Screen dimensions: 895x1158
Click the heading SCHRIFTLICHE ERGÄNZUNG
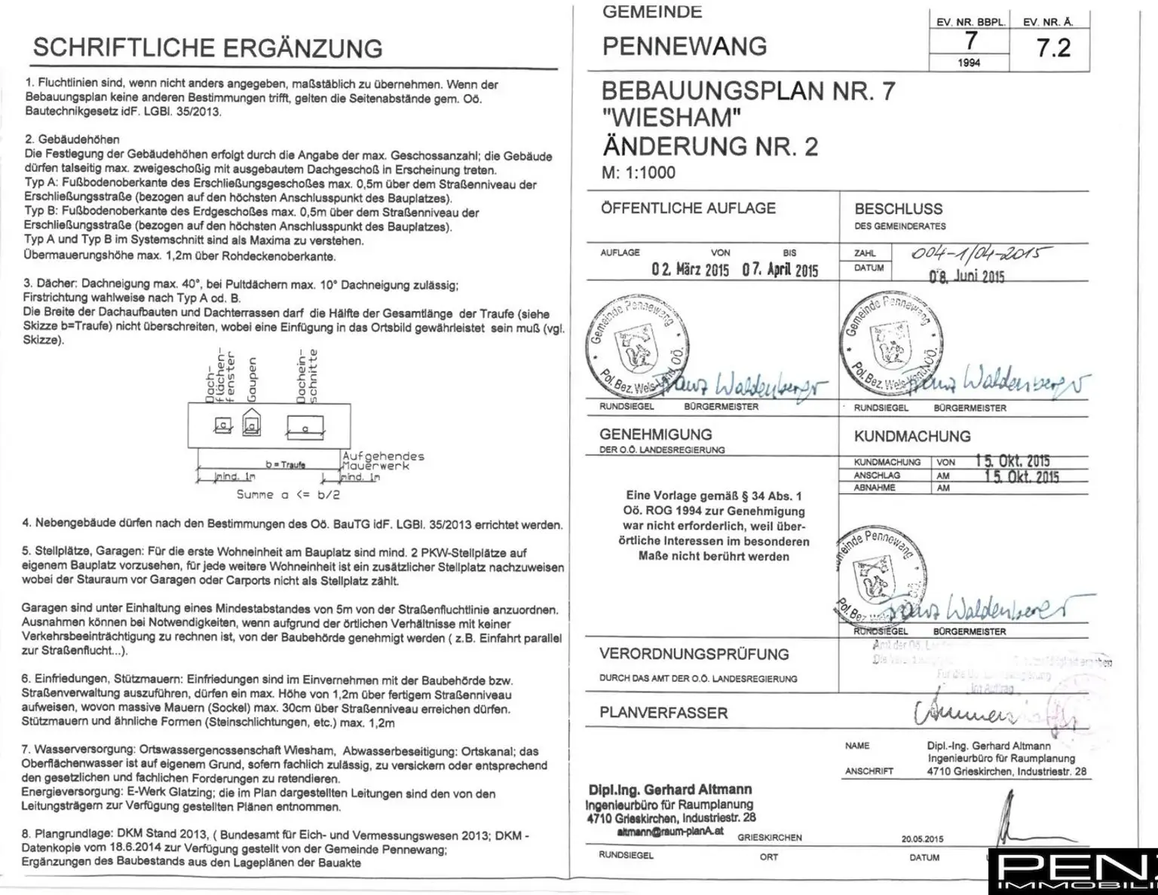coord(207,48)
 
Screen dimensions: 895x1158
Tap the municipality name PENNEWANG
coord(685,47)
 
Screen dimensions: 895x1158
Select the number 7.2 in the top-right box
coord(1053,48)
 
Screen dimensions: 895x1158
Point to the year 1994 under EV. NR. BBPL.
coord(969,63)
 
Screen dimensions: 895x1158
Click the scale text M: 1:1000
coord(639,173)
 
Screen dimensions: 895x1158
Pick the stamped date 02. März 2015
coord(690,270)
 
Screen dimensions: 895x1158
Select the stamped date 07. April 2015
coord(780,270)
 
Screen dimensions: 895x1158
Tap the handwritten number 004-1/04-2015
coord(981,254)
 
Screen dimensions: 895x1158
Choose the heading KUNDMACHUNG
coord(912,436)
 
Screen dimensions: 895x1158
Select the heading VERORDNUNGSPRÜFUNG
coord(694,654)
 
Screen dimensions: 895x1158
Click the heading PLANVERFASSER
coord(663,713)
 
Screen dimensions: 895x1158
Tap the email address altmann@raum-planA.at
coord(670,831)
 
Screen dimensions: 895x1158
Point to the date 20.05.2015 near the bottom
coord(922,838)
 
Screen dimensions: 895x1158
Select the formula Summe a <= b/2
coord(288,495)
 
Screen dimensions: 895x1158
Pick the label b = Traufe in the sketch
coord(285,465)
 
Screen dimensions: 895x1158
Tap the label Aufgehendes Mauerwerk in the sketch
coord(383,460)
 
